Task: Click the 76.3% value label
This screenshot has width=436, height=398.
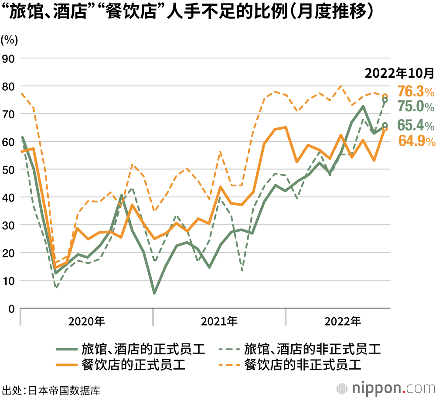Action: point(416,92)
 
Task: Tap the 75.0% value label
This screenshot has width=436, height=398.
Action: point(416,107)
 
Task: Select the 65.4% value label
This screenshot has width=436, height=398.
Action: point(416,126)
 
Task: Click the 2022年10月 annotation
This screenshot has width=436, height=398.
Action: point(399,73)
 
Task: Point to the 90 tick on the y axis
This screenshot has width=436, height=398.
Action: point(9,58)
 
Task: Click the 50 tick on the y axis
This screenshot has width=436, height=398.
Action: point(9,169)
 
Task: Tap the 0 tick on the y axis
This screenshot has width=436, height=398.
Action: point(12,309)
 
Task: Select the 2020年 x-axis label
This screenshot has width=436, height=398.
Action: point(86,322)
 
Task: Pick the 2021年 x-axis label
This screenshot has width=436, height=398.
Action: point(219,322)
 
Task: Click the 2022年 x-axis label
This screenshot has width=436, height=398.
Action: point(343,322)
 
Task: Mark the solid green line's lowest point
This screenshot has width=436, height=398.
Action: point(154,293)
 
